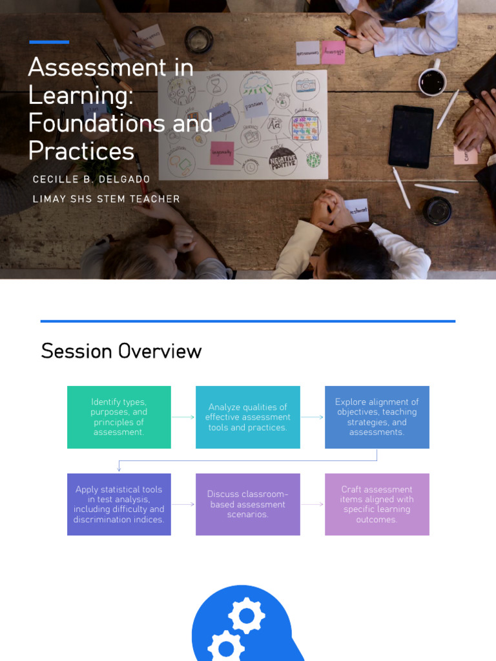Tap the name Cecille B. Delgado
(x=91, y=179)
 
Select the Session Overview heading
(x=121, y=351)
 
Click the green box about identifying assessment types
(x=119, y=417)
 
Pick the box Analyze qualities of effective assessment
(x=248, y=417)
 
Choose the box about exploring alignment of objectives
(x=377, y=417)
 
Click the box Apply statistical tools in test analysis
(x=119, y=504)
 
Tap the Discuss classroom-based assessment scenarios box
(x=248, y=504)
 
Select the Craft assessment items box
(x=377, y=504)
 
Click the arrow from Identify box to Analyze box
(x=183, y=417)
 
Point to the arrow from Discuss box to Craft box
(x=313, y=504)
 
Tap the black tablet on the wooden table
(x=411, y=137)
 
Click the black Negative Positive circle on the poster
(x=283, y=161)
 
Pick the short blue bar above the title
(x=49, y=42)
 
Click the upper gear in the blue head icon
(x=247, y=616)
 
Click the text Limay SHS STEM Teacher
(x=107, y=199)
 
